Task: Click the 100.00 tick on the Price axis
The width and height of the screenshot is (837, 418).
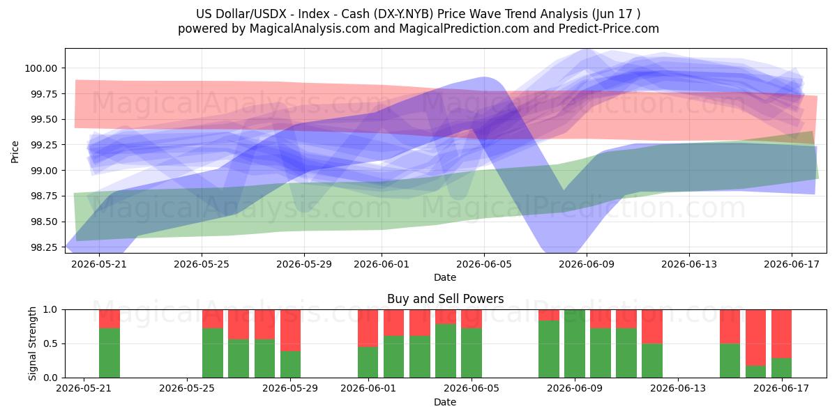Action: (40, 68)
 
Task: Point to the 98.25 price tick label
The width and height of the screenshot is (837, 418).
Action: (44, 247)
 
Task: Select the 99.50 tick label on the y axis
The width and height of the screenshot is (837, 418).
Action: (44, 119)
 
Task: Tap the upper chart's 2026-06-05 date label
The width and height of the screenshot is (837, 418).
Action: (484, 264)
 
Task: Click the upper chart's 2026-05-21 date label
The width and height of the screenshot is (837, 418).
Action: (99, 264)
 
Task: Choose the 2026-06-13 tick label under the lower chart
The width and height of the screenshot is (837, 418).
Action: (678, 388)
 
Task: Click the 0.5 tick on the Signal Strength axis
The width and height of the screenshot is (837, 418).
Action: (52, 343)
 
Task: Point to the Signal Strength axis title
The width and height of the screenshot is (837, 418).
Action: (33, 343)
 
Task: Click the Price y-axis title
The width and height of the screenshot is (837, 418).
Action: (15, 152)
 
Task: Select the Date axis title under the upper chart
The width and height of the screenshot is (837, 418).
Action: (445, 277)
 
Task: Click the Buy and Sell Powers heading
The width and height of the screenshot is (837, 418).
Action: (445, 299)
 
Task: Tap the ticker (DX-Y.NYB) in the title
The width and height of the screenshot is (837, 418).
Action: (403, 14)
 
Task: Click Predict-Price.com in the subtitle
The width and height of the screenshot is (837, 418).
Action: (609, 29)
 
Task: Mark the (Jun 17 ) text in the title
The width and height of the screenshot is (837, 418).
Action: (616, 14)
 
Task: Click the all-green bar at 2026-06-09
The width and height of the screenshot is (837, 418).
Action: (575, 343)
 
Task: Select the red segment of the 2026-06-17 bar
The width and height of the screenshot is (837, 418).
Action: (781, 334)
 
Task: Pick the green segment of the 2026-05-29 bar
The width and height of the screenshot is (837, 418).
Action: (290, 364)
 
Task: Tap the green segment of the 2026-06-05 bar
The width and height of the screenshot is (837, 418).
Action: (472, 353)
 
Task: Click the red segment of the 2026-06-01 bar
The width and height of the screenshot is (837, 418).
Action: (368, 328)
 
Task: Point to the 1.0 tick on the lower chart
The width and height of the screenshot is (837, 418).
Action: (52, 310)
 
